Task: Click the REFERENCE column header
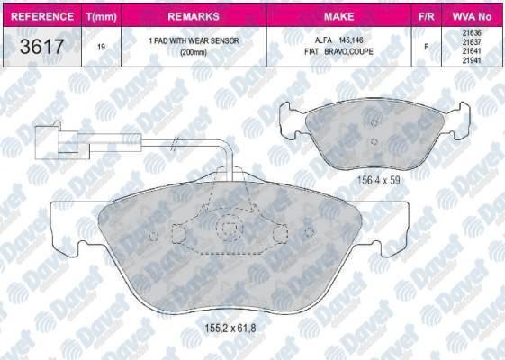coord(42,16)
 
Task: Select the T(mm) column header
coord(102,16)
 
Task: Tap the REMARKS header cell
coord(194,16)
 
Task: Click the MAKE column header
coord(339,16)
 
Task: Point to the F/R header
coord(426,16)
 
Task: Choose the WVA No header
coord(473,16)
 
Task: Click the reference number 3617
coord(42,47)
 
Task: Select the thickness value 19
coord(101,47)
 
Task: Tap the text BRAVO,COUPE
coord(348,51)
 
